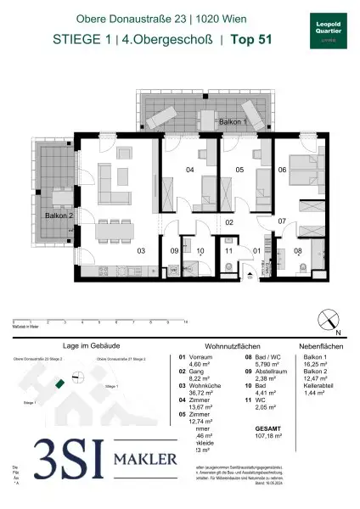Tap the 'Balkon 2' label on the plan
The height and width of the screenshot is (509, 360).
coord(59,216)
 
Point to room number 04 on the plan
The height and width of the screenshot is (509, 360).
coord(190,171)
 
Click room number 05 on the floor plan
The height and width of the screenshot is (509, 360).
coord(240,171)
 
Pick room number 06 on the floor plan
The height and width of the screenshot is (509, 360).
coord(282,171)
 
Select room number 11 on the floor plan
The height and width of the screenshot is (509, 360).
coord(229,251)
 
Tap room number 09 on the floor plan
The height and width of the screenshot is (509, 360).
coord(174,251)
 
